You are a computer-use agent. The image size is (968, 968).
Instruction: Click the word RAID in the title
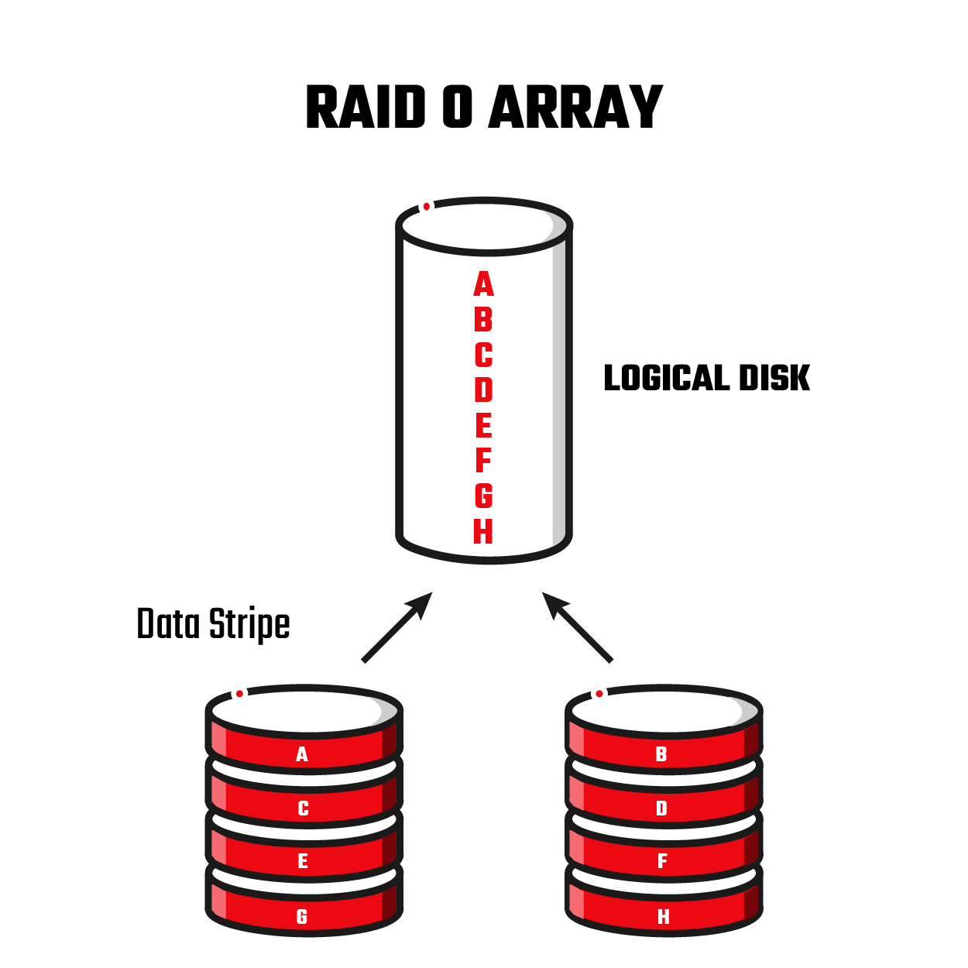pyautogui.click(x=366, y=108)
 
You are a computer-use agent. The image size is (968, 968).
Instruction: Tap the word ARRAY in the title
pyautogui.click(x=576, y=108)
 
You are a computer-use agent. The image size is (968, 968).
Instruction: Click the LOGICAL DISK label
pyautogui.click(x=706, y=379)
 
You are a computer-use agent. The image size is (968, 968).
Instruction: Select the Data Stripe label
pyautogui.click(x=213, y=624)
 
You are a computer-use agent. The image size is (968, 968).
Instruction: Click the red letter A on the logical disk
pyautogui.click(x=483, y=285)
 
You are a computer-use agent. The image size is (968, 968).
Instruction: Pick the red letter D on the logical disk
pyautogui.click(x=483, y=390)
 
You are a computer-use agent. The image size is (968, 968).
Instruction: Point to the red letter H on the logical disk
pyautogui.click(x=483, y=531)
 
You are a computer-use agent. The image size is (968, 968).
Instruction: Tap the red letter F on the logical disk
pyautogui.click(x=483, y=461)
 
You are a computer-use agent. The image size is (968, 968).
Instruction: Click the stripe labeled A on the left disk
pyautogui.click(x=302, y=754)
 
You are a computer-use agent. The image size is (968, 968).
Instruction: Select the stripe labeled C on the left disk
pyautogui.click(x=303, y=808)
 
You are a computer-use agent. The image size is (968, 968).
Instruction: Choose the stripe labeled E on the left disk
pyautogui.click(x=303, y=861)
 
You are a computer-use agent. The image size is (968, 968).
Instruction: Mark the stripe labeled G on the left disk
pyautogui.click(x=302, y=917)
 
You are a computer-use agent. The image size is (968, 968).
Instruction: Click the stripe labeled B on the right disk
pyautogui.click(x=661, y=754)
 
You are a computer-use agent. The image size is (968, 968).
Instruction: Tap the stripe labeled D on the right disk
pyautogui.click(x=661, y=808)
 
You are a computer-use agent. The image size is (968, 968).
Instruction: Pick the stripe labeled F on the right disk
pyautogui.click(x=662, y=861)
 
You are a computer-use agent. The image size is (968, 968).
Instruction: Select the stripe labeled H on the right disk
pyautogui.click(x=663, y=917)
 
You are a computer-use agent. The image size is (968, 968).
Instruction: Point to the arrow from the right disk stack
pyautogui.click(x=578, y=627)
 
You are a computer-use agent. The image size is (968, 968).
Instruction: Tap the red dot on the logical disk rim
pyautogui.click(x=426, y=207)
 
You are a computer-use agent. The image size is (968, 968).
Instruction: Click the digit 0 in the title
pyautogui.click(x=458, y=108)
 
